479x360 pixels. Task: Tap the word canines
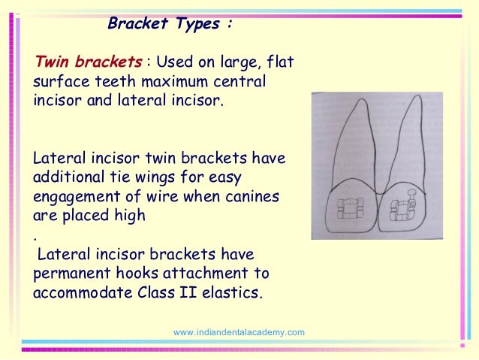[x=253, y=197]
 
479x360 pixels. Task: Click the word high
[x=129, y=216]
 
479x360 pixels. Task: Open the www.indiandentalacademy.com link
[x=239, y=332]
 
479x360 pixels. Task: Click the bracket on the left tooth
[x=350, y=207]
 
